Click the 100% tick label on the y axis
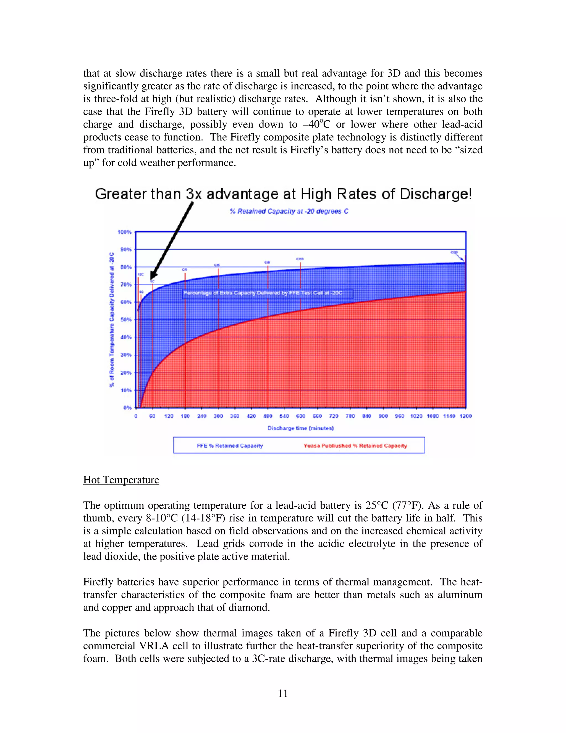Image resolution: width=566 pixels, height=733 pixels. pyautogui.click(x=124, y=232)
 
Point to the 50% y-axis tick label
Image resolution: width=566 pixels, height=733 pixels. pyautogui.click(x=126, y=319)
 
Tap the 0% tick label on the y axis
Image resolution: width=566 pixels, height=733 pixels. pyautogui.click(x=127, y=408)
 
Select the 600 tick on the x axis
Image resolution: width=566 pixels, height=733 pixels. pyautogui.click(x=300, y=416)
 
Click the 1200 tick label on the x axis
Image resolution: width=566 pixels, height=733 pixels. pyautogui.click(x=465, y=416)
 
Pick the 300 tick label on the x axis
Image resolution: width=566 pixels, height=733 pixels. pyautogui.click(x=218, y=416)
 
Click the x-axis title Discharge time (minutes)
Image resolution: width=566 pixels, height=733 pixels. pyautogui.click(x=300, y=428)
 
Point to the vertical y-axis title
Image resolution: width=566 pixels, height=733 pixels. pyautogui.click(x=112, y=319)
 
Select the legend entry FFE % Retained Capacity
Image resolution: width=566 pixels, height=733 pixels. pyautogui.click(x=230, y=446)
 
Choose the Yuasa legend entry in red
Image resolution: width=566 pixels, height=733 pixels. pyautogui.click(x=355, y=446)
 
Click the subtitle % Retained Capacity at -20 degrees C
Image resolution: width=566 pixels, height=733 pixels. pyautogui.click(x=289, y=211)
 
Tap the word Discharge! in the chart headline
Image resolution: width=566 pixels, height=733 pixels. pyautogui.click(x=436, y=194)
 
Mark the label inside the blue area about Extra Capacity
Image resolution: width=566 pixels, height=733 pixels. pyautogui.click(x=263, y=293)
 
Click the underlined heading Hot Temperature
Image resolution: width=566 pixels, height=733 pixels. pyautogui.click(x=121, y=480)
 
